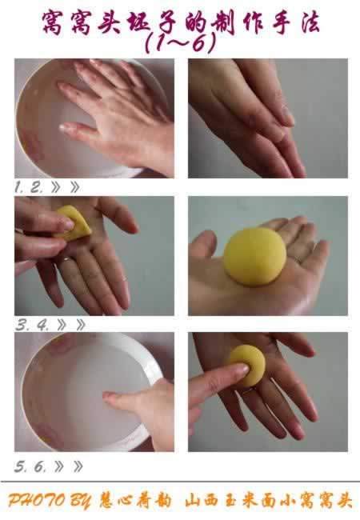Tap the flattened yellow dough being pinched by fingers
pyautogui.click(x=74, y=223)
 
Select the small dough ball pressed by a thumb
pyautogui.click(x=248, y=366)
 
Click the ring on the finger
pyautogui.click(x=67, y=259)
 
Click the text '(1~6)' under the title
pyautogui.click(x=181, y=43)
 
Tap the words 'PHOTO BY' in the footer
pyautogui.click(x=49, y=501)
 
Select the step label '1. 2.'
pyautogui.click(x=29, y=187)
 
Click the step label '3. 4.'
pyautogui.click(x=32, y=325)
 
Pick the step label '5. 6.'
pyautogui.click(x=30, y=466)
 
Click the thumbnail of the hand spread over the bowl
pyautogui.click(x=94, y=118)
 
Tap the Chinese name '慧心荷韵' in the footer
pyautogui.click(x=135, y=501)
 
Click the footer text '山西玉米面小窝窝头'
pyautogui.click(x=269, y=501)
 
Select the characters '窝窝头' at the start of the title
pyautogui.click(x=82, y=23)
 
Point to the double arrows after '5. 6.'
pyautogui.click(x=69, y=467)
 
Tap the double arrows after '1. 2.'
pyautogui.click(x=66, y=187)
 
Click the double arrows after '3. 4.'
pyautogui.click(x=71, y=325)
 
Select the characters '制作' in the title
pyautogui.click(x=239, y=23)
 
